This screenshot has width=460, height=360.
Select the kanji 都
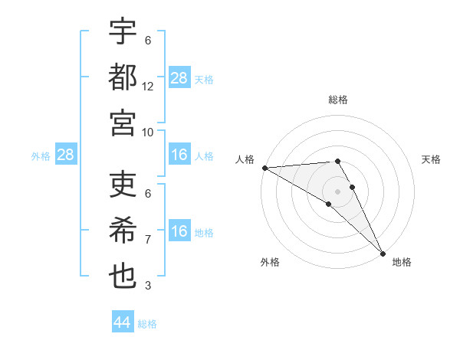point(123,77)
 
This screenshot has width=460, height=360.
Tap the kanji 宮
point(123,122)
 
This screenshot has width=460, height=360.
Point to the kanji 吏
point(123,185)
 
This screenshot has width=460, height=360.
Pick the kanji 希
point(123,231)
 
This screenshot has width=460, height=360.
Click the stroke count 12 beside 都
point(148,86)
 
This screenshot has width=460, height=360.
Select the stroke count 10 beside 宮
point(148,131)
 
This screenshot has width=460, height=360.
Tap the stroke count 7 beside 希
point(148,240)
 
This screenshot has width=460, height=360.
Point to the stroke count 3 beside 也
point(148,286)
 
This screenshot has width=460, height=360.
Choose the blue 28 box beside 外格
point(66,155)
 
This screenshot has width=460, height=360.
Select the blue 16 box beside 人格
point(179,155)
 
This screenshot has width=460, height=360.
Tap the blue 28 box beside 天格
point(179,78)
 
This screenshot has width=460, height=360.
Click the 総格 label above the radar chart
point(338,100)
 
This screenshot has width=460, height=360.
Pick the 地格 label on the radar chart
point(402,262)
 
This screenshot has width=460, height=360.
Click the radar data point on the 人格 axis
point(264,168)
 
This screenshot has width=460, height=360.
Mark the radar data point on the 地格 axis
point(381,252)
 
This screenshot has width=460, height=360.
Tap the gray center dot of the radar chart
point(337,191)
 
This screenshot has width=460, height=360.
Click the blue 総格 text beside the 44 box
point(147,323)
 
